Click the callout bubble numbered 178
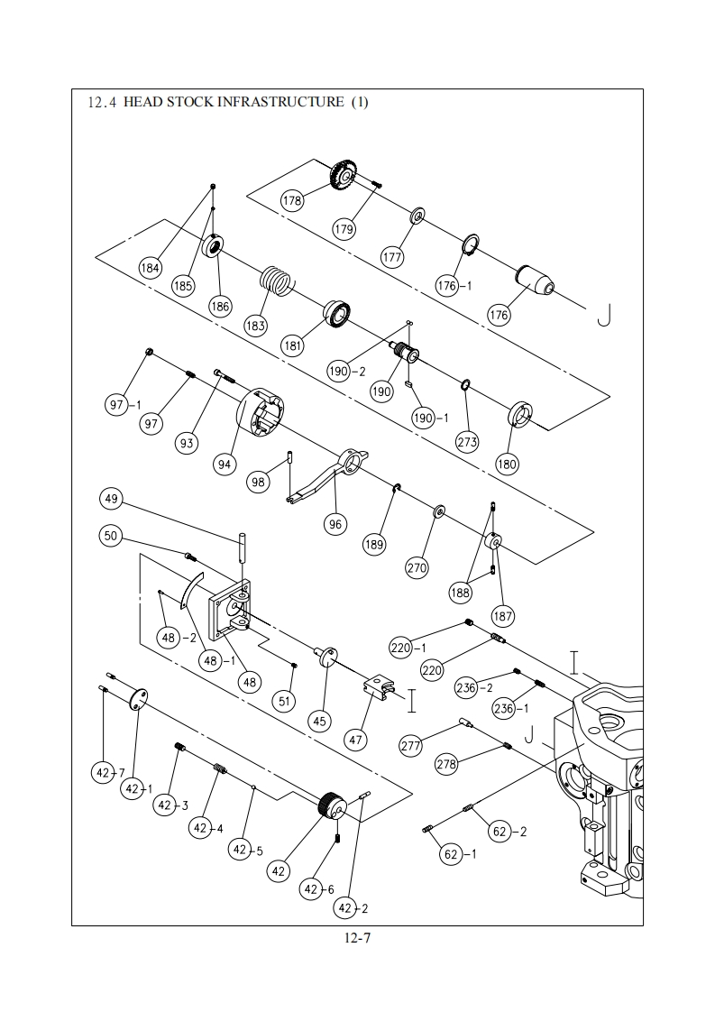pyautogui.click(x=292, y=200)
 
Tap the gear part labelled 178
pyautogui.click(x=346, y=175)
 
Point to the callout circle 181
pyautogui.click(x=293, y=346)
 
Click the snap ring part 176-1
pyautogui.click(x=472, y=246)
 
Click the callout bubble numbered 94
pyautogui.click(x=225, y=464)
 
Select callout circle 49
pyautogui.click(x=112, y=498)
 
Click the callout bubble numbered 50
pyautogui.click(x=112, y=536)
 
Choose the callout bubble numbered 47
pyautogui.click(x=355, y=740)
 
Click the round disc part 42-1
pyautogui.click(x=137, y=698)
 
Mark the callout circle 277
pyautogui.click(x=411, y=746)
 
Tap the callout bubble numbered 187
pyautogui.click(x=503, y=616)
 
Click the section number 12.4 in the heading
pyautogui.click(x=102, y=102)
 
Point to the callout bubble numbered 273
pyautogui.click(x=467, y=441)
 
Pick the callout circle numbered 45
pyautogui.click(x=320, y=721)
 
